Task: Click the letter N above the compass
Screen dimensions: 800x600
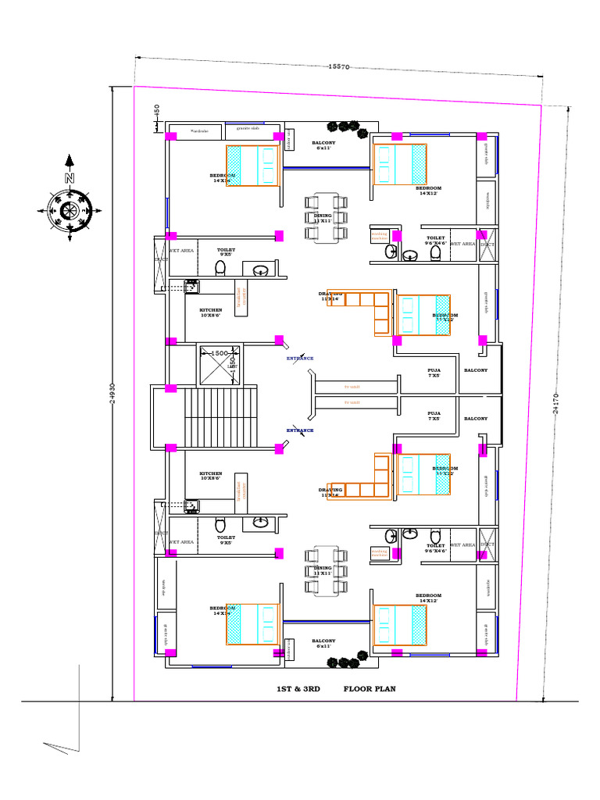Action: [x=70, y=178]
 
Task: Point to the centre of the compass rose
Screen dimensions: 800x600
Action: [x=70, y=209]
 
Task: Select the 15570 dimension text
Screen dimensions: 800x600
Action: [x=337, y=67]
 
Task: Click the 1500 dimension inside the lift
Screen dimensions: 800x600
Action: [x=219, y=353]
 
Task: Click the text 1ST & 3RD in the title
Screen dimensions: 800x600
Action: [x=299, y=689]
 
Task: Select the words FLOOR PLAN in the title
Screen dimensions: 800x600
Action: [x=370, y=689]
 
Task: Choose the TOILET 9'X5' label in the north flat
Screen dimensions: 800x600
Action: [x=226, y=252]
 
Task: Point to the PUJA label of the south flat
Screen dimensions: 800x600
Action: [x=434, y=416]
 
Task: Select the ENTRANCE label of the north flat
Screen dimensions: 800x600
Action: [x=300, y=359]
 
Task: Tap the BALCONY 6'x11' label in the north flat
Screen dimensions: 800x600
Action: [x=324, y=145]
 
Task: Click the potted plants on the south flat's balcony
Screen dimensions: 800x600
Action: [x=344, y=662]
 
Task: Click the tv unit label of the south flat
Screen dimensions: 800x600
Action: [x=352, y=402]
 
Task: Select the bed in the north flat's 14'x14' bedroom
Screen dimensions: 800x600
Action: [x=252, y=166]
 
